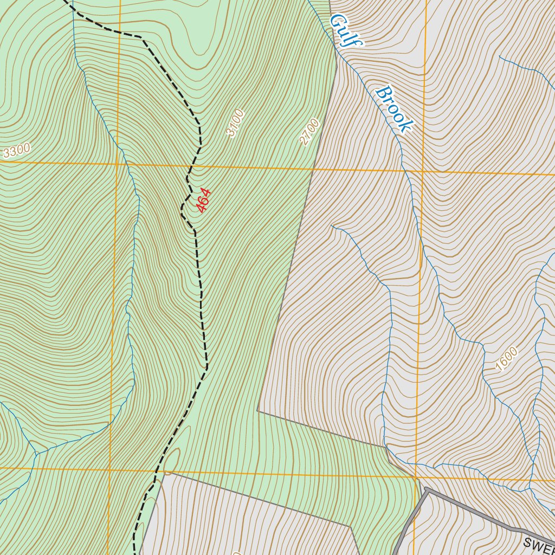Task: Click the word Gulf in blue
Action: [x=346, y=30]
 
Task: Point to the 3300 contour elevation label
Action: [x=16, y=151]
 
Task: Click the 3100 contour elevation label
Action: [x=236, y=124]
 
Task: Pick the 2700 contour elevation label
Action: [x=309, y=132]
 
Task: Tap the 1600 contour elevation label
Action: [x=507, y=359]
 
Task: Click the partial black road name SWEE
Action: [x=539, y=544]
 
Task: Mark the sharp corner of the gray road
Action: [x=427, y=489]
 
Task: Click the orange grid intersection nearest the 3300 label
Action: [x=117, y=163]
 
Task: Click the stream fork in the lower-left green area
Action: [x=36, y=453]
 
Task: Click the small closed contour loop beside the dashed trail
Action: [x=172, y=460]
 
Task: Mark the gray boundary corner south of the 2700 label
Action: [x=258, y=411]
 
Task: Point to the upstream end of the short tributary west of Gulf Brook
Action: [x=332, y=225]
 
